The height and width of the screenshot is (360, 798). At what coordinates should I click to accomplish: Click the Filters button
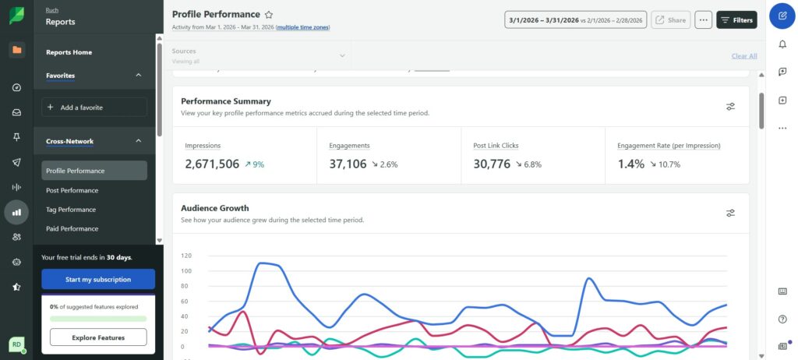736,20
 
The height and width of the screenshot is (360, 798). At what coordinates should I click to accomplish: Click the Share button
670,20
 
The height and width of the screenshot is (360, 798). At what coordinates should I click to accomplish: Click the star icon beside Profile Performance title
269,15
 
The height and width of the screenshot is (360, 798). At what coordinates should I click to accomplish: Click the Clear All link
743,56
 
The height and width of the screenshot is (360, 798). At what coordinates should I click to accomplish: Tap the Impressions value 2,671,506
212,164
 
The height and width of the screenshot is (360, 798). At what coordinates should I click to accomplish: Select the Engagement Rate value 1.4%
630,164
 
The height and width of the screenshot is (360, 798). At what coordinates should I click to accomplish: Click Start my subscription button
98,279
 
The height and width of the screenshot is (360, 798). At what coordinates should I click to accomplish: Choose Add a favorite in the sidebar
94,108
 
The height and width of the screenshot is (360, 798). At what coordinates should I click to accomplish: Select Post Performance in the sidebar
72,190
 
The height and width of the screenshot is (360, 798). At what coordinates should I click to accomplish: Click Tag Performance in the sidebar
71,210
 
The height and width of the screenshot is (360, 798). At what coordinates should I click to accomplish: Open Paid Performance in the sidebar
72,229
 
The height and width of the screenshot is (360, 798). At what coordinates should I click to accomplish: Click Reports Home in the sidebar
69,52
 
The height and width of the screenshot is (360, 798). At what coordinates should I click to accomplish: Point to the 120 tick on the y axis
186,256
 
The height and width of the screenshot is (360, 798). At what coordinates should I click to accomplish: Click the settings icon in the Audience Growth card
730,213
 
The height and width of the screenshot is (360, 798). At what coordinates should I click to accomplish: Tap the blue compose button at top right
782,16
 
